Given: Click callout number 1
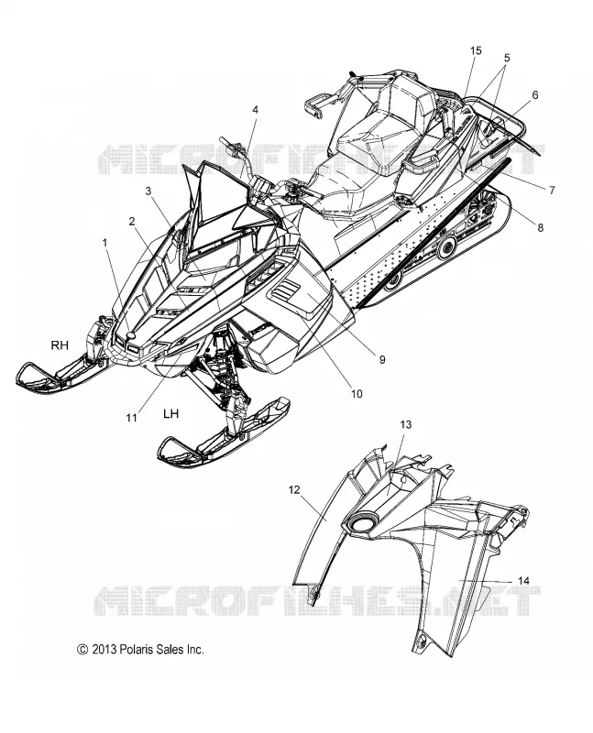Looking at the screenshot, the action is [104, 243].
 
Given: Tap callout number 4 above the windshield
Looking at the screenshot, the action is [255, 109].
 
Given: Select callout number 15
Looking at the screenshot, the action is [476, 50].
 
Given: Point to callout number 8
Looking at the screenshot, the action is [540, 227].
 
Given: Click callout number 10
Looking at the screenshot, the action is [357, 394].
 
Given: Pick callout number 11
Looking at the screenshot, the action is [131, 418].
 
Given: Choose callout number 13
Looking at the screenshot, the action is [405, 424].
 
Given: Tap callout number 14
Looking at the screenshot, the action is [523, 581].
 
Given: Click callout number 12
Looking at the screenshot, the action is [293, 490].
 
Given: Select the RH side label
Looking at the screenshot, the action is [60, 345].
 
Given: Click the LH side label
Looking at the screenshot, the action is [170, 413].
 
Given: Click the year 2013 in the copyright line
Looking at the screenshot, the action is [104, 650].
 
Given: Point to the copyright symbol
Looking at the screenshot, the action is [82, 650].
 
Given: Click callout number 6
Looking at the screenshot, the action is [534, 95].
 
